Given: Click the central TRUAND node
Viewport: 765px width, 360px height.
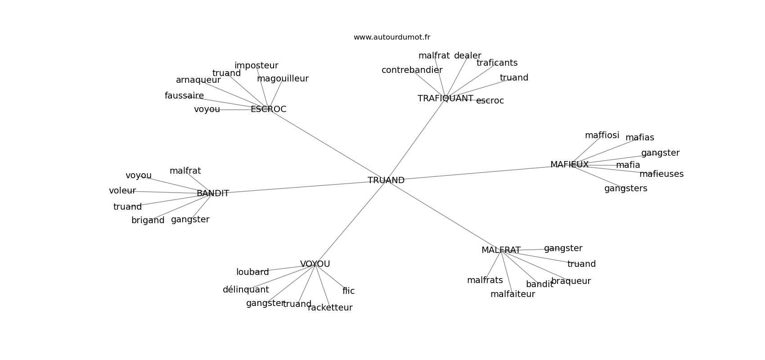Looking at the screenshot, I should click(x=386, y=180).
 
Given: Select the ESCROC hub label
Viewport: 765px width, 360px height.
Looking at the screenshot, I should click(x=268, y=109).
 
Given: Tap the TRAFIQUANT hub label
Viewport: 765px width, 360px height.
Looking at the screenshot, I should click(x=445, y=99).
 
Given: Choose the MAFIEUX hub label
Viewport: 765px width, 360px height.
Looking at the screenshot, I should click(x=569, y=165).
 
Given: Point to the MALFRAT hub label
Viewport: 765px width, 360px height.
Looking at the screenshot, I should click(x=501, y=250).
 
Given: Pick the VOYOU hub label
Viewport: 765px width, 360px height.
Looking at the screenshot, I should click(x=315, y=264).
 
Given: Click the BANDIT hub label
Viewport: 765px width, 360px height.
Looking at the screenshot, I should click(x=213, y=193).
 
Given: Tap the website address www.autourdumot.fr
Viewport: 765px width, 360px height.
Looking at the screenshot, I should click(x=391, y=37).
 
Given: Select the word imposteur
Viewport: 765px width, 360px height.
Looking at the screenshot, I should click(x=256, y=66).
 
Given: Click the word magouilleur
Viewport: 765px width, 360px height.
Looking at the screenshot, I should click(x=283, y=79).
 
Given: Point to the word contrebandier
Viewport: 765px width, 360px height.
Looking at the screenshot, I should click(x=412, y=70).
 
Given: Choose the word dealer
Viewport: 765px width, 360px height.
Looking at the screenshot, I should click(x=468, y=56).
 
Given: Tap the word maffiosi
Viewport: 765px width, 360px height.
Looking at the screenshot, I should click(x=602, y=135).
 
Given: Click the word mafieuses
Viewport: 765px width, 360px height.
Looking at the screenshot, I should click(x=661, y=174).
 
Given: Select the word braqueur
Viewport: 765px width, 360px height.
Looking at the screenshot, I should click(x=571, y=281).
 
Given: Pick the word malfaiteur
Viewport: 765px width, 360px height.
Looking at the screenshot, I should click(x=513, y=294).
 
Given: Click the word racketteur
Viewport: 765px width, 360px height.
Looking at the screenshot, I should click(x=330, y=308).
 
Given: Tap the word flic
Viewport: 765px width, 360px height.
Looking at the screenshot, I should click(x=348, y=291).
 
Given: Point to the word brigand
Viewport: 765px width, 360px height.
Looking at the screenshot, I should click(x=148, y=220).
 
